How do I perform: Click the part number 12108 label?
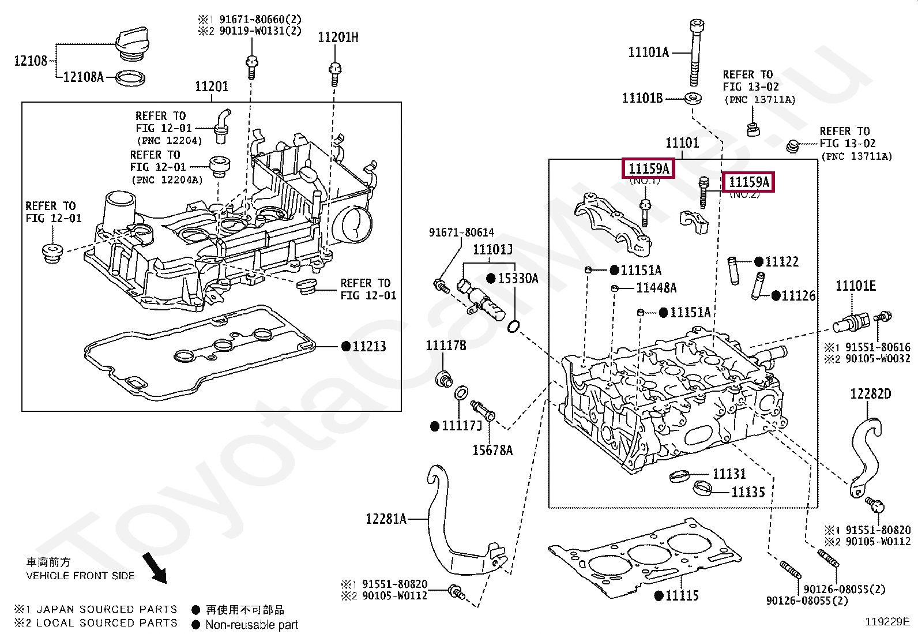30,61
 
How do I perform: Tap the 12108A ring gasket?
130,77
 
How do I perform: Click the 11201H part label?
338,37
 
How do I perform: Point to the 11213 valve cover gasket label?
369,346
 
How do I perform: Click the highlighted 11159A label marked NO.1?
649,168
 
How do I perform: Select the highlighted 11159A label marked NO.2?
748,182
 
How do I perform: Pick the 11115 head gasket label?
682,595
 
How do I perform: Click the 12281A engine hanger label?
386,519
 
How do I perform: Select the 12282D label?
870,394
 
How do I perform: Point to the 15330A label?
518,279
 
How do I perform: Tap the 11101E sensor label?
856,286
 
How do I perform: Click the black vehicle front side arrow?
154,568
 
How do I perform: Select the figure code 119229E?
887,621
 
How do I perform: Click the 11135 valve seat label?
748,492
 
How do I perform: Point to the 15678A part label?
492,450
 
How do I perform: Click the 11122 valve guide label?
781,262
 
